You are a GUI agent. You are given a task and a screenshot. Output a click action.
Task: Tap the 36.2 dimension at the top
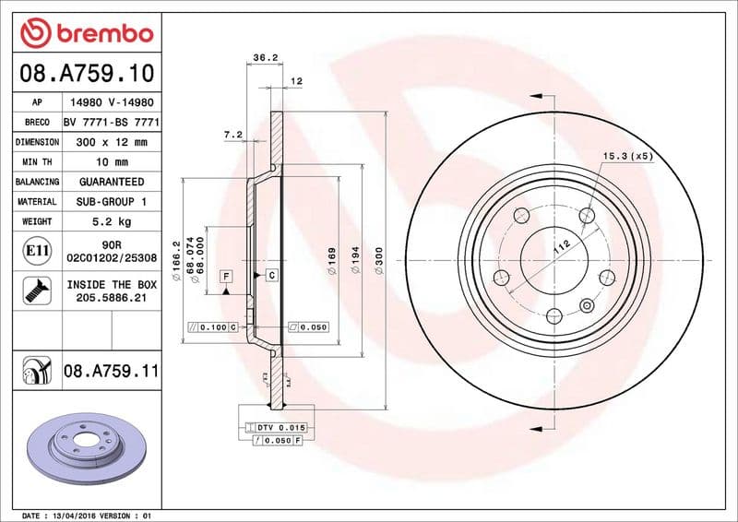coord(266,57)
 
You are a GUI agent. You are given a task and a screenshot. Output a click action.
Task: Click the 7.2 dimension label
coord(232,135)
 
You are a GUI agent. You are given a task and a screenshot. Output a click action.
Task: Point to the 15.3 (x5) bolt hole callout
coord(627,156)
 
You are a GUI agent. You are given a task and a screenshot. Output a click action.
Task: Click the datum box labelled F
coord(224,276)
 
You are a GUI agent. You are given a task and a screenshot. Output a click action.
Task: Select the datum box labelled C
coord(272,276)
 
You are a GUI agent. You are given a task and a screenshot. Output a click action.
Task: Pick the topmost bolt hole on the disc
coord(588,216)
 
